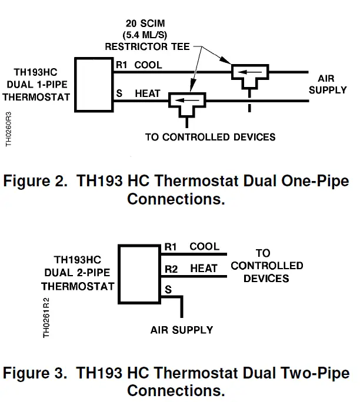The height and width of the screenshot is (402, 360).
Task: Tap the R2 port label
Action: point(170,269)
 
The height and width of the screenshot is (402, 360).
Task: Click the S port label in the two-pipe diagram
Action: point(168,290)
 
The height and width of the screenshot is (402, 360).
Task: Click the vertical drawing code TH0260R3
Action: point(9,130)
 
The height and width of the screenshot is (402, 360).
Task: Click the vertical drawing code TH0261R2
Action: point(46,317)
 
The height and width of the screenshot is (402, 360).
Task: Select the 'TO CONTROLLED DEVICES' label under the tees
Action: point(210,138)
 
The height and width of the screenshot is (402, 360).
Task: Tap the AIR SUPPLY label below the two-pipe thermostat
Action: point(182,330)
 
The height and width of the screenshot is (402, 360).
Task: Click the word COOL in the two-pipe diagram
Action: point(204,247)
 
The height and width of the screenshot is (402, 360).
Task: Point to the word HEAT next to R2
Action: point(204,269)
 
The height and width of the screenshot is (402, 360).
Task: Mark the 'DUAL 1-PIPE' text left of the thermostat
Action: point(36,85)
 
